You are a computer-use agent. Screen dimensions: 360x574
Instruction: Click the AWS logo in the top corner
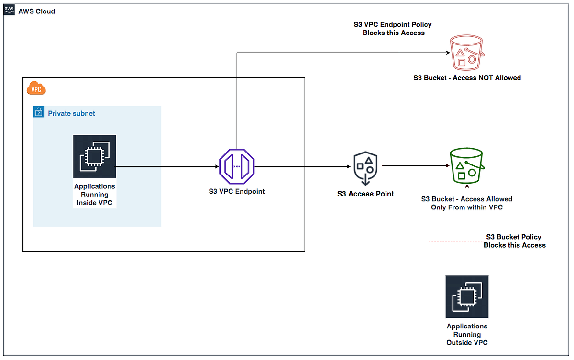(9, 11)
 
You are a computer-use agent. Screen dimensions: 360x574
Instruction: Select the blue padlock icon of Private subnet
(38, 113)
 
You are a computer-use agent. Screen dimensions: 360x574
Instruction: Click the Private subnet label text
(71, 113)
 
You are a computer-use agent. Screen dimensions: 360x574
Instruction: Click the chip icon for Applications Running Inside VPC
(94, 156)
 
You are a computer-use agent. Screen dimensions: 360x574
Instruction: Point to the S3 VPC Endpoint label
(237, 191)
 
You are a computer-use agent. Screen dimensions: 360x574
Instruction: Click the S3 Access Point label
(365, 194)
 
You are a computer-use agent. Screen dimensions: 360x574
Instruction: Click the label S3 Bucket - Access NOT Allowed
(467, 78)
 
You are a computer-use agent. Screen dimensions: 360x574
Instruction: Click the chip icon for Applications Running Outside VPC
(467, 296)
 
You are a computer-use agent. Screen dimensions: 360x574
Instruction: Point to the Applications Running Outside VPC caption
(467, 334)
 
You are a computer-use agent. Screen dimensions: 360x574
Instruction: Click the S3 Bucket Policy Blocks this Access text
(514, 241)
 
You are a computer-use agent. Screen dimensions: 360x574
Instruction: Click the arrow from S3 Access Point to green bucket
(415, 166)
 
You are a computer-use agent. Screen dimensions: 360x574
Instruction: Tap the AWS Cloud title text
(36, 11)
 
